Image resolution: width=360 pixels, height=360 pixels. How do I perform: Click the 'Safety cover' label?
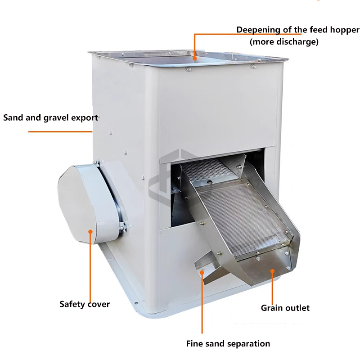click(85, 304)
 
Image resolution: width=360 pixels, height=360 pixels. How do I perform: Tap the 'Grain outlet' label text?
click(285, 308)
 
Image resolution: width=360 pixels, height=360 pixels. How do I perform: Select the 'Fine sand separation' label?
click(228, 344)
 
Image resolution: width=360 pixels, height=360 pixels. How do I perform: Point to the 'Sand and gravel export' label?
click(51, 118)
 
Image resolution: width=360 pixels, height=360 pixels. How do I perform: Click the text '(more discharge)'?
click(284, 42)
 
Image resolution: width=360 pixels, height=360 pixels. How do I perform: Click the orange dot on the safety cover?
click(90, 232)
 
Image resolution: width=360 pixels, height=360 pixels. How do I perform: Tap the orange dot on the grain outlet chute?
click(272, 271)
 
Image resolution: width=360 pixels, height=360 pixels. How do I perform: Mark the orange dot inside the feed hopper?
click(195, 58)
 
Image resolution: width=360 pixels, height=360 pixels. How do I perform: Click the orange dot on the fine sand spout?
click(202, 273)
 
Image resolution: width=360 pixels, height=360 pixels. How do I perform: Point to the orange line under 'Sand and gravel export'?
click(60, 132)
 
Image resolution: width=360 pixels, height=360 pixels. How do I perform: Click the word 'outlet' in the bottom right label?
click(297, 308)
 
